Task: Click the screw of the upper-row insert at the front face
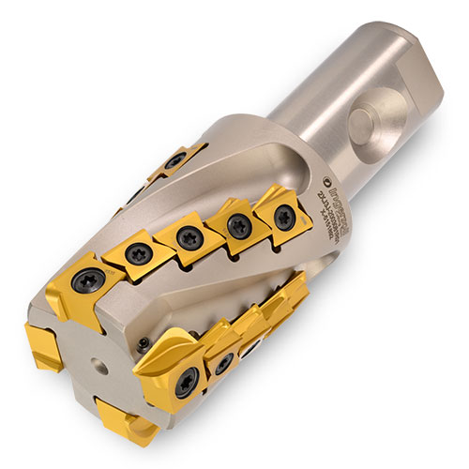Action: coord(91,280)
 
